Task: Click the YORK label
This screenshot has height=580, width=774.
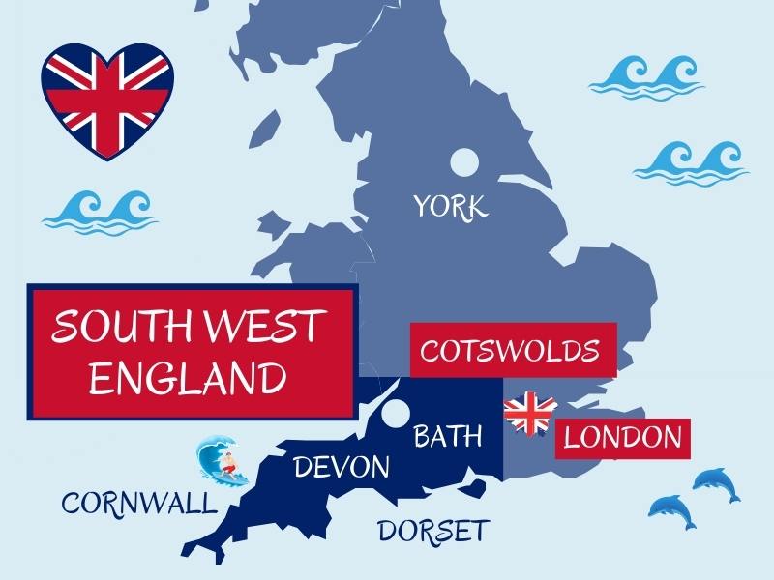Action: pos(451,206)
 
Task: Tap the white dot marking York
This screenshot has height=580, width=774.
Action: pos(464,162)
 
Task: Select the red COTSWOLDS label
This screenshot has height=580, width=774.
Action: pos(514,349)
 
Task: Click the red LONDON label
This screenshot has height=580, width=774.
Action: pos(623,437)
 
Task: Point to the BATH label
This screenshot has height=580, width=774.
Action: pos(447,436)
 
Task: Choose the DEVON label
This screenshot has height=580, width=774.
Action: pos(342,468)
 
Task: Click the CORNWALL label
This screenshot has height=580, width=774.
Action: pos(139,503)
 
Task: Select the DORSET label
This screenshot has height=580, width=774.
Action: pos(433,531)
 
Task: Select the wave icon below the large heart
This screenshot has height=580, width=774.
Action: pos(100,210)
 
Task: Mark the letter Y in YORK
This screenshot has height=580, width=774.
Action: pos(424,206)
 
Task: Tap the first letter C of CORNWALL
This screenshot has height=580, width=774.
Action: pos(71,503)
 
